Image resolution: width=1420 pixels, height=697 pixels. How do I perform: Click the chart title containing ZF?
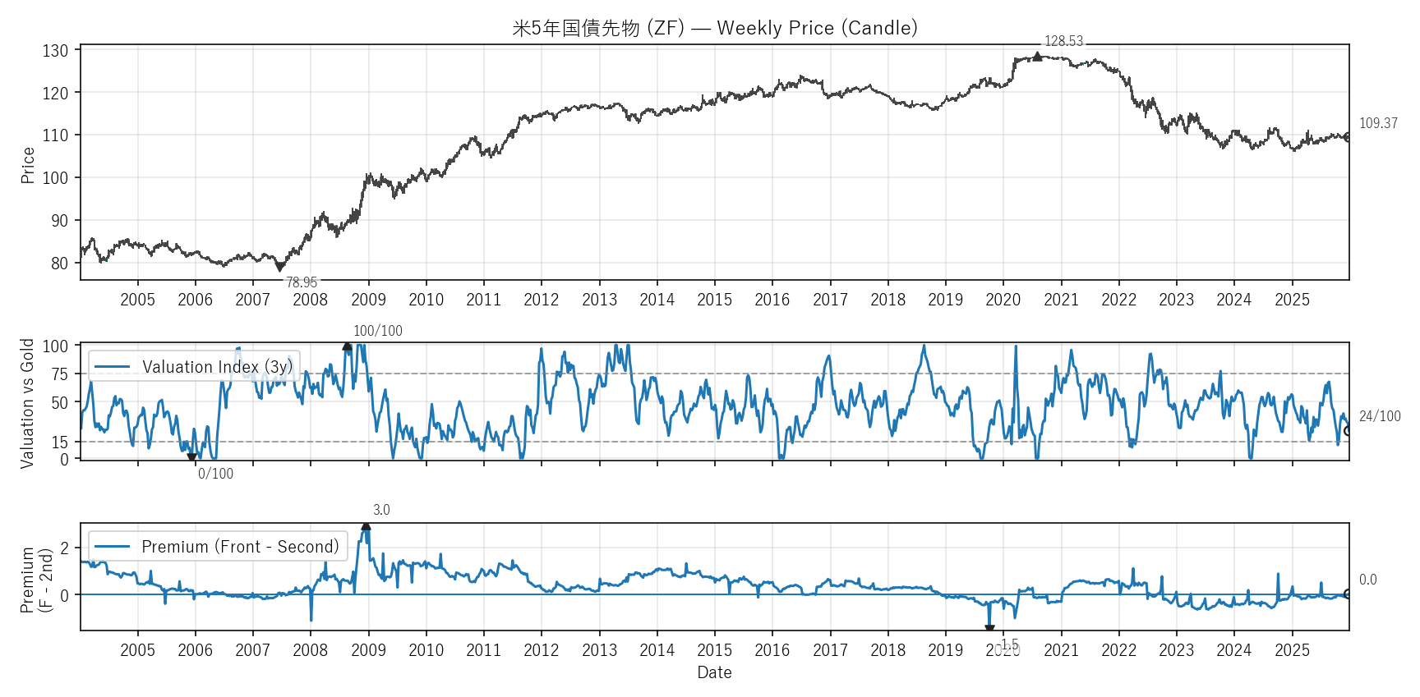click(714, 28)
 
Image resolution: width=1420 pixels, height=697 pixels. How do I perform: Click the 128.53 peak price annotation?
click(1063, 41)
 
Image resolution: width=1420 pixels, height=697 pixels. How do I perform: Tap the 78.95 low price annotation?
click(302, 282)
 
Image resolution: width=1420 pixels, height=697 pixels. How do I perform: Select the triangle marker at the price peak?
click(1037, 56)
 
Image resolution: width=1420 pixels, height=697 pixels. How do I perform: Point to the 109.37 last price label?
click(1378, 123)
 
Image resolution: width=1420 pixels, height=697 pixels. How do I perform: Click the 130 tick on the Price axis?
click(56, 51)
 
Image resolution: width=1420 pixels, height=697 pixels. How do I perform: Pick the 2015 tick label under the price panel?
click(714, 300)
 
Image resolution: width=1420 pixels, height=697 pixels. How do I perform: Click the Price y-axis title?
click(28, 165)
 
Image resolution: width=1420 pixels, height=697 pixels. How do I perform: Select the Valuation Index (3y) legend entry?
click(194, 366)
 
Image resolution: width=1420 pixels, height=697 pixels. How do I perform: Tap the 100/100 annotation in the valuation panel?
click(377, 331)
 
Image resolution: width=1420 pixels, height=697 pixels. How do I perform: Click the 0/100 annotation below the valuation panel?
click(215, 474)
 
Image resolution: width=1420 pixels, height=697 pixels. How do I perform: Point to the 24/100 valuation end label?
click(1380, 416)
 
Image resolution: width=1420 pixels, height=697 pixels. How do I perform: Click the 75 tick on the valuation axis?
click(59, 374)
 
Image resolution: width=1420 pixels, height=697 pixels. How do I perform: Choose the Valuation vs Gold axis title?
click(28, 403)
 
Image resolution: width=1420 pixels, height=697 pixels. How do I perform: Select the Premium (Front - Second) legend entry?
click(218, 546)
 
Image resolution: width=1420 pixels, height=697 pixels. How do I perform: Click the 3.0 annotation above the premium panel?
click(381, 510)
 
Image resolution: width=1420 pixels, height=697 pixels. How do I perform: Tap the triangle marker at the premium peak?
click(366, 526)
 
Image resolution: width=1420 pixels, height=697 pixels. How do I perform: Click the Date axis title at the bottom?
click(714, 672)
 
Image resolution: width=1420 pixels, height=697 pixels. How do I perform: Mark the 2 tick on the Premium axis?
click(65, 548)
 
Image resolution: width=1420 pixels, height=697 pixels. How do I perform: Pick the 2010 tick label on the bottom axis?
click(426, 650)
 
